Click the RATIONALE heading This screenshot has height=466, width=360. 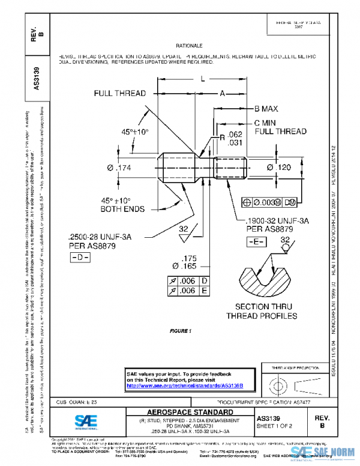point(189,46)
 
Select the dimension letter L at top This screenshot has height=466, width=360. point(203,79)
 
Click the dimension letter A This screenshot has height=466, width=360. point(221,93)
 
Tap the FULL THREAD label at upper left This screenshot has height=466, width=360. point(119,94)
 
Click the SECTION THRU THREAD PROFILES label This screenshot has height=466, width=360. point(261,311)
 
